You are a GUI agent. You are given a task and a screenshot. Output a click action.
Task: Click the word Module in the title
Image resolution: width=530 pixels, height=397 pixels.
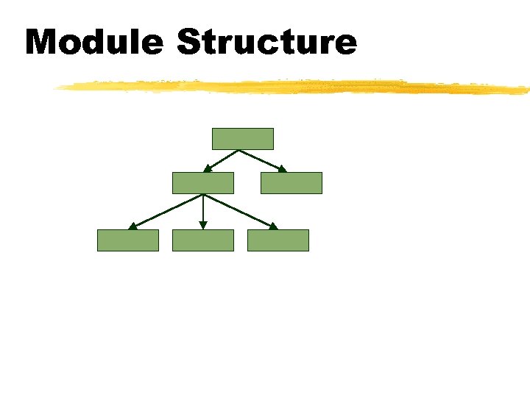(93, 42)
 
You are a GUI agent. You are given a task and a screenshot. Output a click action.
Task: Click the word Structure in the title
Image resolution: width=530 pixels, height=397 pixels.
(266, 42)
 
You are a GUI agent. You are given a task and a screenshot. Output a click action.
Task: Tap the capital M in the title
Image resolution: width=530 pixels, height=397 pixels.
(43, 42)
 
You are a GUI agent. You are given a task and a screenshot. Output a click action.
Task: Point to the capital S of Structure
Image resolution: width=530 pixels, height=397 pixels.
(189, 42)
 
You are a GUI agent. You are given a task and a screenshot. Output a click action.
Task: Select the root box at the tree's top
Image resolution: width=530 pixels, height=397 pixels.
(243, 139)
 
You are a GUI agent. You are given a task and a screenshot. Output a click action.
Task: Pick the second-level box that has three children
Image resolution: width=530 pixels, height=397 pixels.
(203, 183)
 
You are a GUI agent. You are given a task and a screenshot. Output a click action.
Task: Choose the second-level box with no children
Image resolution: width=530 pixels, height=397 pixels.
(291, 183)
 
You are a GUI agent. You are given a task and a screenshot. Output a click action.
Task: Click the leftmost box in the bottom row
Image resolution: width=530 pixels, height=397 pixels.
(128, 240)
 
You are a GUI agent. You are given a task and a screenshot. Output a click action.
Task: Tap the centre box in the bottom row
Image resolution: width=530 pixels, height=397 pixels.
(203, 240)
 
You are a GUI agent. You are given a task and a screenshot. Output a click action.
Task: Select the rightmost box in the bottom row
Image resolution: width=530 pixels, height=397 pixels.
(278, 240)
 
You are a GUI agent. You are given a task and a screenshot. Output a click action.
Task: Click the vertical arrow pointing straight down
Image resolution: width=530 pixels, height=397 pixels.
(203, 212)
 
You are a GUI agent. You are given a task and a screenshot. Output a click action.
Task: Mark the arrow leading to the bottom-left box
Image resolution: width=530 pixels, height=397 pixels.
(166, 212)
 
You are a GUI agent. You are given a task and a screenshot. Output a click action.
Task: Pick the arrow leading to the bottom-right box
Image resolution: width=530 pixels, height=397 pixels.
(241, 212)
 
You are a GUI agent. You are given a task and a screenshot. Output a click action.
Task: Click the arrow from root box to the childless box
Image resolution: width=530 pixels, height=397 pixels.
(261, 160)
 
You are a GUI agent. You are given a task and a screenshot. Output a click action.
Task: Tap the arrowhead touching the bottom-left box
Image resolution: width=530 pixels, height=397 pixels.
(132, 226)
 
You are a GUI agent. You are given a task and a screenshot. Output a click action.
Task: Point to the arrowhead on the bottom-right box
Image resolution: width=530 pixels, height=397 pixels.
(274, 226)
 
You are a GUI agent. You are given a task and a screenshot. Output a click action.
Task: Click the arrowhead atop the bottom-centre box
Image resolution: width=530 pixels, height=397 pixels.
(203, 226)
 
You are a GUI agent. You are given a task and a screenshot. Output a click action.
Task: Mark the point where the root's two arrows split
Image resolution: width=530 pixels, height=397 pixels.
(239, 150)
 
